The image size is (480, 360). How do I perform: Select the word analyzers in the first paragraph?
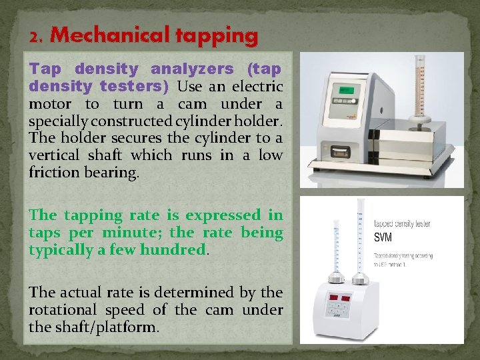click(193, 69)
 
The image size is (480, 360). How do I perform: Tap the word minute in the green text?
click(137, 233)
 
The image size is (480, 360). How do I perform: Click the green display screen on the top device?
click(346, 90)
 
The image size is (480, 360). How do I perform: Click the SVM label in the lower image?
click(383, 237)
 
